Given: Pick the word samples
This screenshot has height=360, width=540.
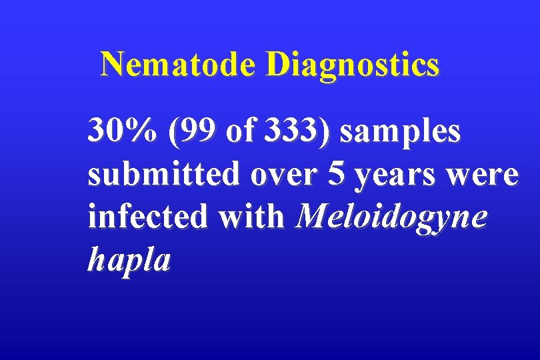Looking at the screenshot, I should click(400, 131).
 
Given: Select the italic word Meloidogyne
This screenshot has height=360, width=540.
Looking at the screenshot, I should click(394, 219).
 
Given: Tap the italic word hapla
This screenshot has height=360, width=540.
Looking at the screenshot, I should click(129, 261).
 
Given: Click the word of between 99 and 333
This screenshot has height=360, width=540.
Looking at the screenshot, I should click(241, 131).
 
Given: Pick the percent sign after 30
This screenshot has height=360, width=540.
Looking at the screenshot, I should click(143, 131).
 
